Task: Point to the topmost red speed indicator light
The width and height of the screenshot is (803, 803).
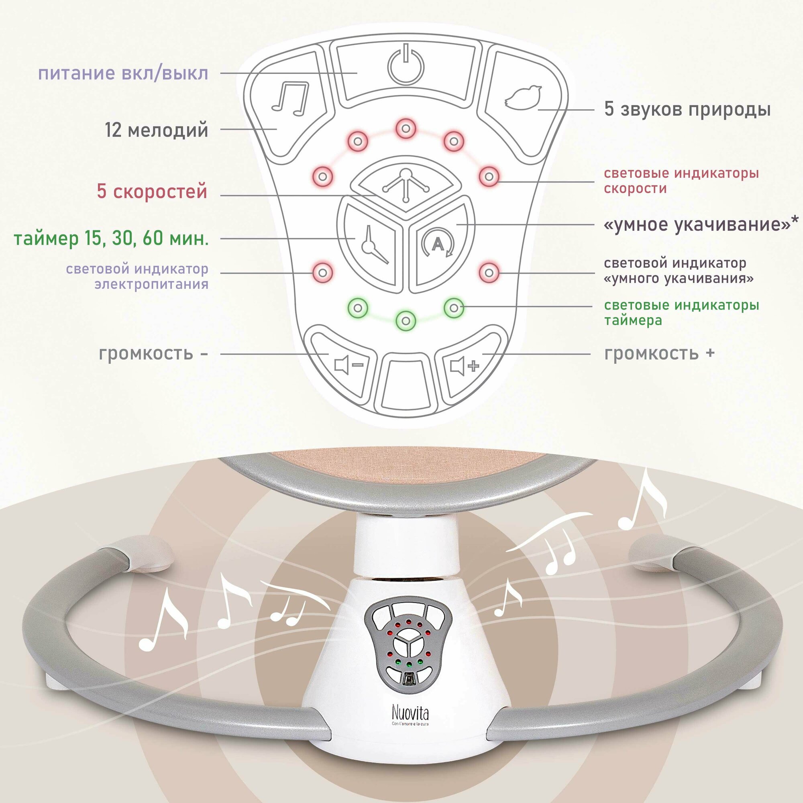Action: (x=406, y=128)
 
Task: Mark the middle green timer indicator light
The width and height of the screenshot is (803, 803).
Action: (x=406, y=320)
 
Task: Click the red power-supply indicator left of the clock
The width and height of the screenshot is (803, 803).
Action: (x=323, y=273)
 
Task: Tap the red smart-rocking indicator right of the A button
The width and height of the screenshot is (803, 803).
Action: (x=489, y=273)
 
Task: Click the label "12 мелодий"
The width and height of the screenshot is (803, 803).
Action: (x=156, y=130)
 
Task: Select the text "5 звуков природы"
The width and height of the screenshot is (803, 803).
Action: (x=687, y=110)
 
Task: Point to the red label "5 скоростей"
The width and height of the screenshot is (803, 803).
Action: (x=152, y=192)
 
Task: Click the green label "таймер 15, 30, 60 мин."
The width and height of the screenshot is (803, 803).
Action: (x=111, y=239)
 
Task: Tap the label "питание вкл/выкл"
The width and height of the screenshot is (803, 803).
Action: (x=123, y=73)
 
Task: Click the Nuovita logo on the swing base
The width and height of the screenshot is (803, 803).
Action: (x=410, y=714)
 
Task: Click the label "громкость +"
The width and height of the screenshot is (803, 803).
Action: (x=659, y=354)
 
